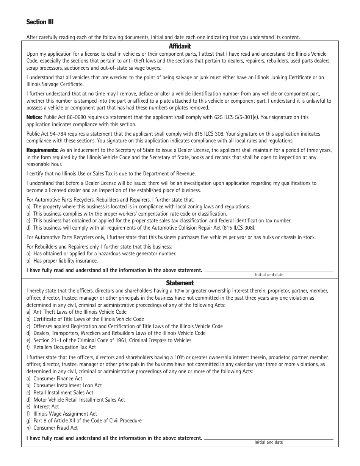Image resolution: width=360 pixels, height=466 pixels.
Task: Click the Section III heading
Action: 40,22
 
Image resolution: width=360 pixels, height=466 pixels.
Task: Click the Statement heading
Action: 180,283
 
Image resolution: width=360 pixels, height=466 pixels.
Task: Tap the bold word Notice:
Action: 34,117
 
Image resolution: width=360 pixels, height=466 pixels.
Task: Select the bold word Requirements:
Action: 42,150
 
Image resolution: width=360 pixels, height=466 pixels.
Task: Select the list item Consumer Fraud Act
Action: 55,428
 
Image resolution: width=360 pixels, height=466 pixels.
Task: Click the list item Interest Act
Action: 46,407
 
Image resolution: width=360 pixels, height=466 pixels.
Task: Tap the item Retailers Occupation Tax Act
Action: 64,347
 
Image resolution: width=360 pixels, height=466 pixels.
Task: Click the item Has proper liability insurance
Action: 65,261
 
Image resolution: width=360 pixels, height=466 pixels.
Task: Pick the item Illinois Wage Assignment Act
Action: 65,414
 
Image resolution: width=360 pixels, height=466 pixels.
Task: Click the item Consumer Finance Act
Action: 58,378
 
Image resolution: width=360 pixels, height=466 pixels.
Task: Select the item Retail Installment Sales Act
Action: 63,393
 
